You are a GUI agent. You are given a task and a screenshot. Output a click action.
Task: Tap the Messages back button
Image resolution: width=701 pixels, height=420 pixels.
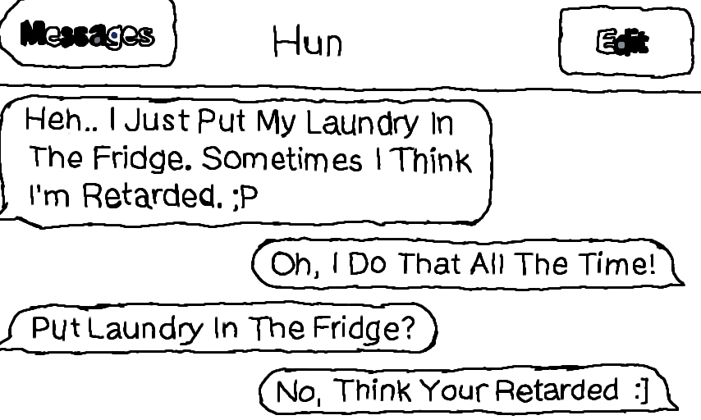pos(87,34)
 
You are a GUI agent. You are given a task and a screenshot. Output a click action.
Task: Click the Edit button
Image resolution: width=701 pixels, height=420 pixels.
pos(623,42)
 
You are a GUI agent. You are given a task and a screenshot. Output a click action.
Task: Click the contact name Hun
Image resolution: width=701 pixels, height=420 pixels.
pos(307,41)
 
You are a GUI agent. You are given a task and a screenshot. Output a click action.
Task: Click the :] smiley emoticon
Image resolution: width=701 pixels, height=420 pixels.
pos(641,390)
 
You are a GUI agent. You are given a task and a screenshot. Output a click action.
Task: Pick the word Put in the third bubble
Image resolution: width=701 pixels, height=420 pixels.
pos(57,328)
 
